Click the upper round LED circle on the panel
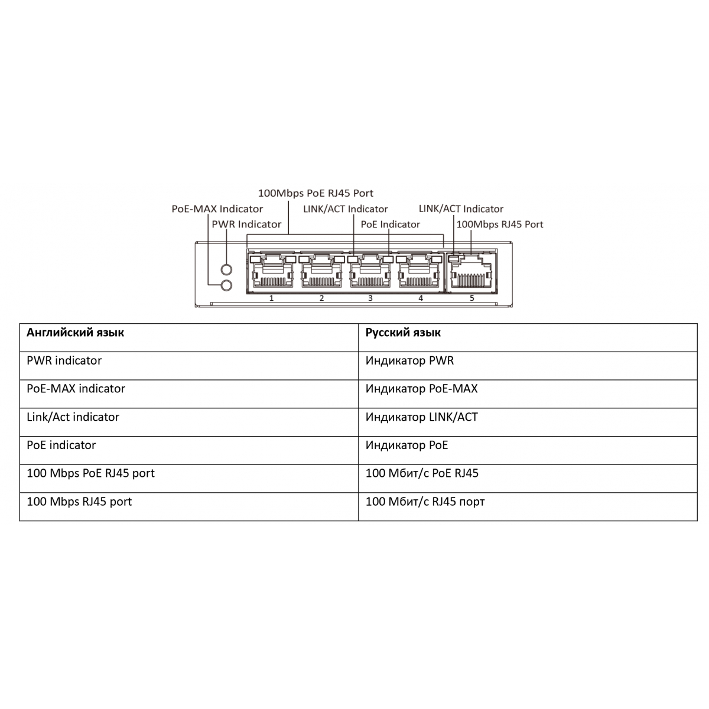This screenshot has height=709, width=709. point(226,269)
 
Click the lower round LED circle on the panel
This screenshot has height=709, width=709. point(226,285)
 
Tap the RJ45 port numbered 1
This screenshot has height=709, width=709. point(272,272)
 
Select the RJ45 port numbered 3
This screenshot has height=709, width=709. point(370,272)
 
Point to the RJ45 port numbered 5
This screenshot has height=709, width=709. point(471,272)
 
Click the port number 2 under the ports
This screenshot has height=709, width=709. point(321,298)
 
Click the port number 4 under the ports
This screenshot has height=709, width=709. point(421,298)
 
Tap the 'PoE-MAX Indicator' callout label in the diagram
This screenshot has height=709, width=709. point(217,209)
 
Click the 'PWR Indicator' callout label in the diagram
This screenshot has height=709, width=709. point(246,225)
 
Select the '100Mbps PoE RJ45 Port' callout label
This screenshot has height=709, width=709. point(316,194)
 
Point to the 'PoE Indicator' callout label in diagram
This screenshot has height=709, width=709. point(390,225)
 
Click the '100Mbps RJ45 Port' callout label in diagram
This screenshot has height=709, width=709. point(500,225)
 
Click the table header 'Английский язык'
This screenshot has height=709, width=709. point(75,333)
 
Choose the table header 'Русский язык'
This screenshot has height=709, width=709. point(403,333)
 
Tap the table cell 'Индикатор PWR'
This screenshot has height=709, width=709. point(409,360)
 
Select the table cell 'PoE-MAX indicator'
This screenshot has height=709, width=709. point(76,389)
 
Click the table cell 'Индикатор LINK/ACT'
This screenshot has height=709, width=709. point(422,417)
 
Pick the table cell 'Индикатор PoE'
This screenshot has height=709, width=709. point(406,445)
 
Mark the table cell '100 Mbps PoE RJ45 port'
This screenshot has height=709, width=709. point(90,473)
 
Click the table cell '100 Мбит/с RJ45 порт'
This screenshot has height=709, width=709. point(425,502)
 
